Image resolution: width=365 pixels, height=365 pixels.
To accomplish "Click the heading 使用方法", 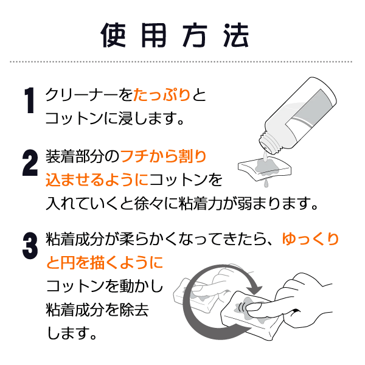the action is (175, 35).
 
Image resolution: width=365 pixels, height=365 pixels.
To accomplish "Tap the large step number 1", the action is (30, 100).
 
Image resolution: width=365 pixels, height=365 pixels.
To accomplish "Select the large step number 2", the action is (30, 162).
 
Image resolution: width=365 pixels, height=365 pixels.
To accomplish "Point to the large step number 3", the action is (30, 246).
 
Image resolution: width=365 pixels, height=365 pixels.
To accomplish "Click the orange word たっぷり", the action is (162, 95).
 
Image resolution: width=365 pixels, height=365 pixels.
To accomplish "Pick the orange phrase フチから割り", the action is (164, 156).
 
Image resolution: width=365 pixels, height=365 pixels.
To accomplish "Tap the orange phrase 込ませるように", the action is (97, 179).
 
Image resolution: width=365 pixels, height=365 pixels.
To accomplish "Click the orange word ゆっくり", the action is (310, 239).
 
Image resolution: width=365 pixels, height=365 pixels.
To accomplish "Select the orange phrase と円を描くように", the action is (105, 263).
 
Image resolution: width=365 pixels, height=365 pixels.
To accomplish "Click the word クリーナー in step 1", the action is (82, 95).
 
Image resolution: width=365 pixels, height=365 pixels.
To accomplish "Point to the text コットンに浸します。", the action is (115, 118).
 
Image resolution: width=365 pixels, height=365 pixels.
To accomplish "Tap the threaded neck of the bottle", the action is (268, 142).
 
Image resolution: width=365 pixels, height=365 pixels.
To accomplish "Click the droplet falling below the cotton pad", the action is (266, 183).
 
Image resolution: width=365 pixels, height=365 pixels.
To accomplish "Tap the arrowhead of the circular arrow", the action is (255, 288).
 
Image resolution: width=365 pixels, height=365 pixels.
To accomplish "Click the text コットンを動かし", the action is (105, 286).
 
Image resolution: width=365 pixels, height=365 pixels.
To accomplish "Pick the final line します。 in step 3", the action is (72, 333).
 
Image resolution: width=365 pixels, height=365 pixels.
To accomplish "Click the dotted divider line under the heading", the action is (181, 62).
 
